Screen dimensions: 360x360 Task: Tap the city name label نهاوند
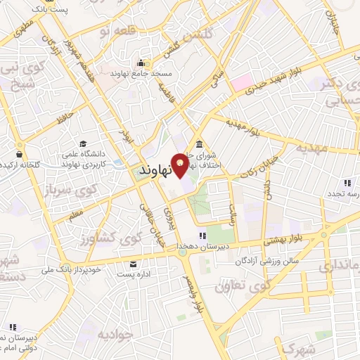click(155, 171)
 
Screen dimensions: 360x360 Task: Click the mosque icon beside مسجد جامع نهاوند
click(142, 63)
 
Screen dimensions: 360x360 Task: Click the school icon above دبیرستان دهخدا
click(202, 235)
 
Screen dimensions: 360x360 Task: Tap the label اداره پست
click(133, 276)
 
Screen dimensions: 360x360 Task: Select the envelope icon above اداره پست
click(133, 264)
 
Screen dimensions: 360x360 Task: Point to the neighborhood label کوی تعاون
click(243, 286)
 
